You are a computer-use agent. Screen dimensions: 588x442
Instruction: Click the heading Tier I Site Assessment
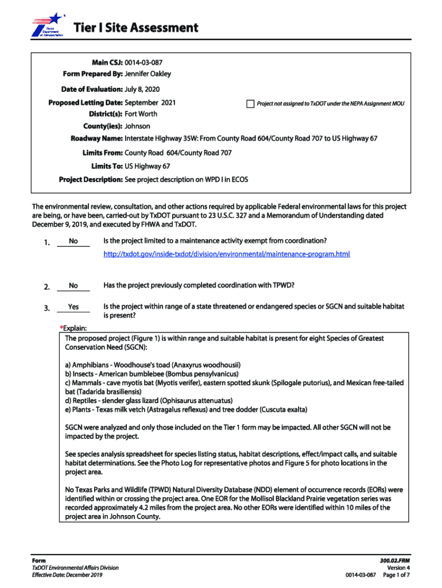(135, 28)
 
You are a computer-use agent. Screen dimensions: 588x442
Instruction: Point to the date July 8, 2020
(142, 90)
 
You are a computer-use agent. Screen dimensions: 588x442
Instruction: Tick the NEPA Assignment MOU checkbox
(250, 104)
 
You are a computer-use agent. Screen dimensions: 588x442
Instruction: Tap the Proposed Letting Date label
(85, 102)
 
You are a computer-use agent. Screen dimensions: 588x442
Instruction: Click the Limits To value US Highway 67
(147, 166)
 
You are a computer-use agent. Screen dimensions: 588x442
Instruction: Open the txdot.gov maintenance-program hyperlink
(226, 254)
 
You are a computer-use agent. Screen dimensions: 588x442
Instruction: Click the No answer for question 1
(73, 241)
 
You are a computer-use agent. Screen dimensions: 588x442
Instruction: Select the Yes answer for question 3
(73, 307)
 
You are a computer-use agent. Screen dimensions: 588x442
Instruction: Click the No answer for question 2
(73, 285)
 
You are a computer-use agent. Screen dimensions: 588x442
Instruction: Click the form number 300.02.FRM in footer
(394, 560)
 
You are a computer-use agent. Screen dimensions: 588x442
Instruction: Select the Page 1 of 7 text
(396, 575)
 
